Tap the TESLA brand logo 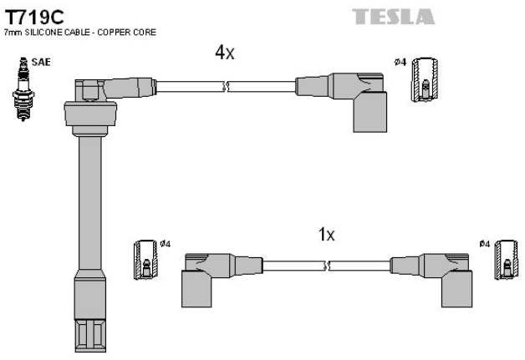point(393,17)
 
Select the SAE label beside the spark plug point(39,63)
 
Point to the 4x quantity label point(225,53)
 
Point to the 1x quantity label point(326,235)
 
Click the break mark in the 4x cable point(226,84)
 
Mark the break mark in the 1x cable point(328,266)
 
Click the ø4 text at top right point(400,61)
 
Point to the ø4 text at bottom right point(484,243)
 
